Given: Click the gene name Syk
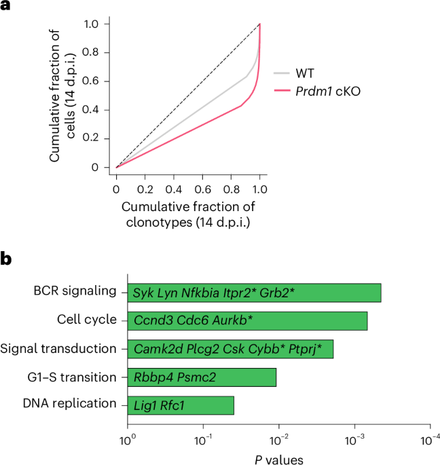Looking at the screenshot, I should (142, 293).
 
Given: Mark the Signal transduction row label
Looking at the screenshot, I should (59, 348).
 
